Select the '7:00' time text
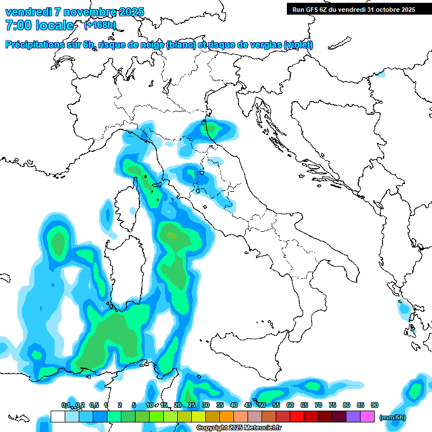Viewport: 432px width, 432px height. click(x=17, y=25)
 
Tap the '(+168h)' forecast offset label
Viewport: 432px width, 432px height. click(x=100, y=25)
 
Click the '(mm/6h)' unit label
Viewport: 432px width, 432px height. click(x=392, y=417)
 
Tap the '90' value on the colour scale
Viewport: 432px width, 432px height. click(x=375, y=405)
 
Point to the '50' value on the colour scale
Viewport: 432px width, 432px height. click(x=262, y=405)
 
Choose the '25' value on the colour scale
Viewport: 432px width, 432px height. click(x=192, y=405)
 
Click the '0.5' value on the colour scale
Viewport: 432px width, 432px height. click(x=93, y=405)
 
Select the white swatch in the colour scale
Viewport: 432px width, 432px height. click(x=57, y=416)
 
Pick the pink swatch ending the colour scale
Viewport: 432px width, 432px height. click(x=367, y=416)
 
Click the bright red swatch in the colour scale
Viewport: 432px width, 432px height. click(x=297, y=416)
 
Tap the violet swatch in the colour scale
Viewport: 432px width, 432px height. click(x=353, y=416)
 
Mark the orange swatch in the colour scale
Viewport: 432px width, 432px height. click(x=227, y=416)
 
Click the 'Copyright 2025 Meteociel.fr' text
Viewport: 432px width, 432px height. click(x=238, y=428)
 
